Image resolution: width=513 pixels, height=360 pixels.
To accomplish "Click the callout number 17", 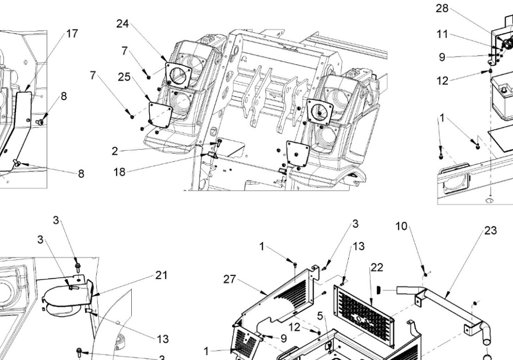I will click(72, 34).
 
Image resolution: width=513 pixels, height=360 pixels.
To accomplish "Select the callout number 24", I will click(123, 24).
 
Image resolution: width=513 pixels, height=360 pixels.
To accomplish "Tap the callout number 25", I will click(124, 77).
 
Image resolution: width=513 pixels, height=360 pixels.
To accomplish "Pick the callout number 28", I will click(442, 9).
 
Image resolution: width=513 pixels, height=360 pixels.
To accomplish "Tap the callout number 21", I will click(161, 275).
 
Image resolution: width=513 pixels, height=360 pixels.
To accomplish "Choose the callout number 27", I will click(229, 279).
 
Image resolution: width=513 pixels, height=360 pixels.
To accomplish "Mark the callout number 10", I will click(401, 226).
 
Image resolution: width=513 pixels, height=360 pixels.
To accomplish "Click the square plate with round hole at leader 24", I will click(179, 75).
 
